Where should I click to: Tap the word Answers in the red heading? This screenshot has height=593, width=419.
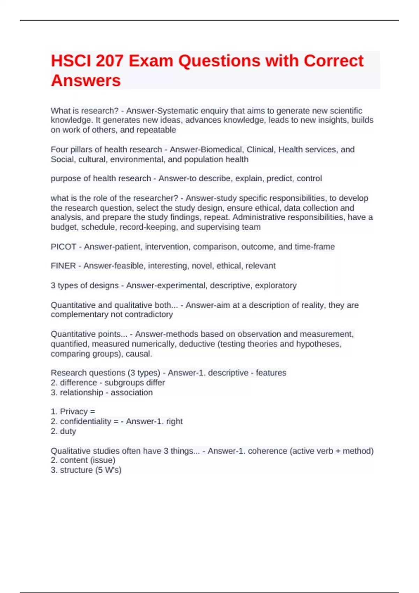[86, 81]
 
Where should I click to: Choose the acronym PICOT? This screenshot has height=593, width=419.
[64, 247]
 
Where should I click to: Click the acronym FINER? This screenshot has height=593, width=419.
[63, 266]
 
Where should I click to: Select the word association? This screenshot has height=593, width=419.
[132, 392]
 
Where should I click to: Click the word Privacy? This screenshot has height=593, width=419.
[74, 412]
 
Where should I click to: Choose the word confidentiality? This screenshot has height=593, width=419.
[86, 421]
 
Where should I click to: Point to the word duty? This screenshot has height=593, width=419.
[68, 431]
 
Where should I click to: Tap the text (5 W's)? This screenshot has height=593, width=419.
[108, 470]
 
